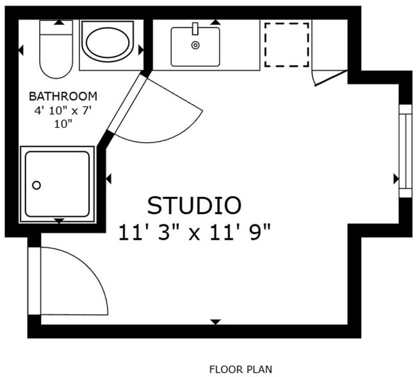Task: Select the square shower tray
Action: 57,184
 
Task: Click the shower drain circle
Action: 37,185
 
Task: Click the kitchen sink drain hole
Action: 195,45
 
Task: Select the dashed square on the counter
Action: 287,44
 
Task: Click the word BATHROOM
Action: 63,96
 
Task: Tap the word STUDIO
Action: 194,205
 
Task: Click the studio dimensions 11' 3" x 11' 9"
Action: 194,231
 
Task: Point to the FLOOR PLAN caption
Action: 240,369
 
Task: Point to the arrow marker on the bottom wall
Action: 215,321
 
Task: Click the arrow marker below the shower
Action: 59,221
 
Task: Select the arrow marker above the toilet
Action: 59,22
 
